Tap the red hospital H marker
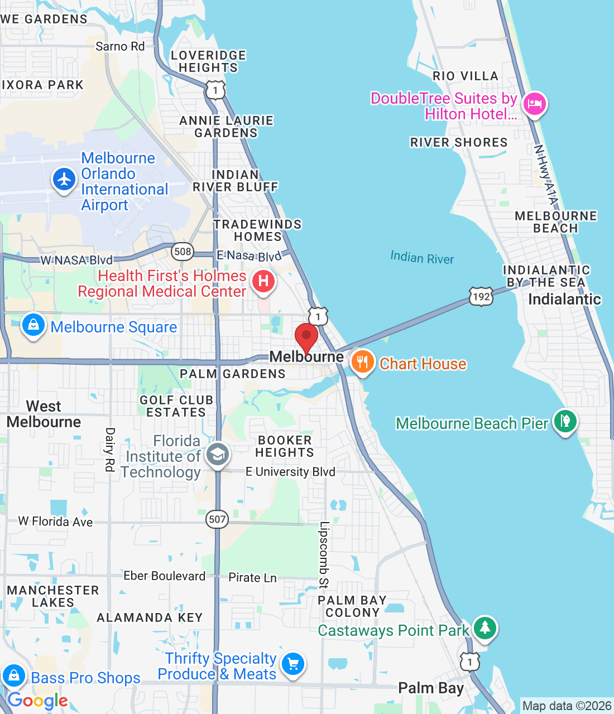[263, 281]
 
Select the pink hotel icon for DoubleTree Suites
[534, 104]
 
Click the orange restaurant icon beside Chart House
[362, 362]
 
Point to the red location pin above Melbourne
[306, 336]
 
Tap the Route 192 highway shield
[481, 296]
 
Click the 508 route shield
[183, 252]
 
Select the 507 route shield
[217, 520]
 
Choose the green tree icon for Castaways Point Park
[485, 628]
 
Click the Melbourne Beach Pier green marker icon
[565, 421]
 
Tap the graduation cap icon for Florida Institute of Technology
[217, 455]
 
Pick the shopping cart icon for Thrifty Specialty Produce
[293, 664]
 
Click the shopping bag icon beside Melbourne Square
[33, 325]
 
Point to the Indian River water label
[422, 258]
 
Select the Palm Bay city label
[431, 688]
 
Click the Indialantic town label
[564, 300]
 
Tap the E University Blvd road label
[290, 472]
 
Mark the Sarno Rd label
[120, 46]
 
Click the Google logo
[38, 701]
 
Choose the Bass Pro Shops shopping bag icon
[14, 676]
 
